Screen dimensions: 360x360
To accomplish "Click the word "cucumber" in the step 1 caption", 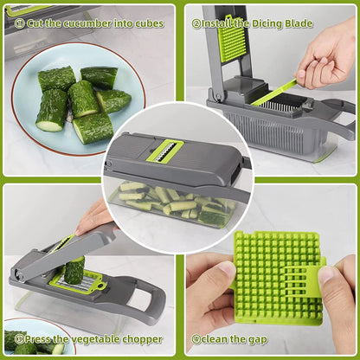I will pyautogui.click(x=88, y=22).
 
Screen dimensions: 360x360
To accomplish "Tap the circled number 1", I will pyautogui.click(x=20, y=22).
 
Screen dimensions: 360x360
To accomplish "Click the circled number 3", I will pyautogui.click(x=19, y=339).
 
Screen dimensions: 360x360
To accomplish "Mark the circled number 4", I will pyautogui.click(x=196, y=339).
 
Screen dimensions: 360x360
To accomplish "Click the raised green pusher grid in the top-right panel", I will pyautogui.click(x=233, y=39).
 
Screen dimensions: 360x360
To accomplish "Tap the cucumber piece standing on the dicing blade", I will pyautogui.click(x=74, y=269).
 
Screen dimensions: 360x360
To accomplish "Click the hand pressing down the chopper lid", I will pyautogui.click(x=95, y=216).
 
